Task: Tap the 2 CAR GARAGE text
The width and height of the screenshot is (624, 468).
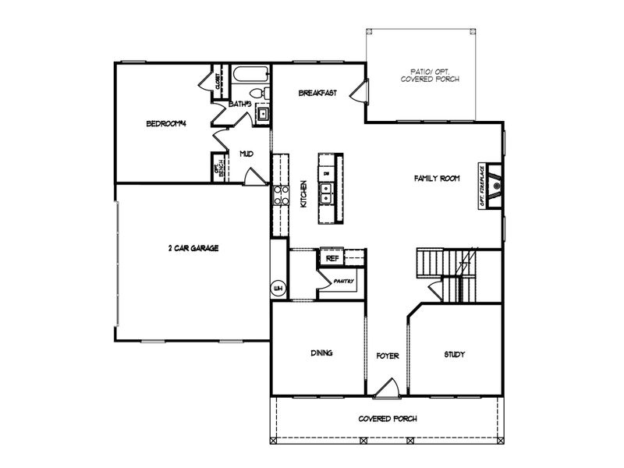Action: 193,248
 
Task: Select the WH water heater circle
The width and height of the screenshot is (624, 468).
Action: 277,289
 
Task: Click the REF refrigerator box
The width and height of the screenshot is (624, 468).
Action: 331,257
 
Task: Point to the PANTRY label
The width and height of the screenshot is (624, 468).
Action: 344,281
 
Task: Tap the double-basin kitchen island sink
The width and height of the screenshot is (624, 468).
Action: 328,192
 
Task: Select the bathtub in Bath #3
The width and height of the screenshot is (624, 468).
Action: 250,76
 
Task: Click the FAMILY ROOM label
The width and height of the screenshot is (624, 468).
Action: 436,178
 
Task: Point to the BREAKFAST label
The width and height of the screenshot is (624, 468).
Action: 317,94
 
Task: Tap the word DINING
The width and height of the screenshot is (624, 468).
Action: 321,353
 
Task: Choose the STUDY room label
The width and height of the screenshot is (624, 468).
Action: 455,355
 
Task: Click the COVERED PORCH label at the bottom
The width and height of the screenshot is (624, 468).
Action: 388,419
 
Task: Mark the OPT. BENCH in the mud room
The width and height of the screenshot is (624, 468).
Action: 219,168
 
